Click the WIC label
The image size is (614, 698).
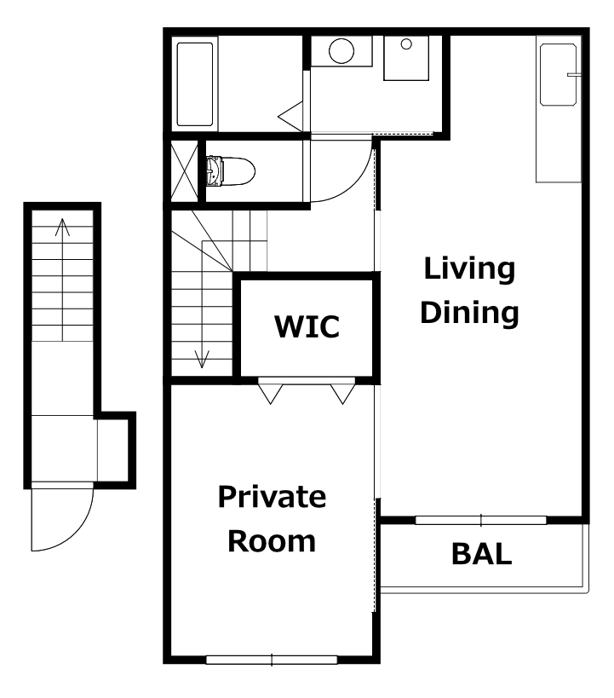point(307,326)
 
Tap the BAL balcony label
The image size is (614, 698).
point(481,554)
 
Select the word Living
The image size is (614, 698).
point(469,270)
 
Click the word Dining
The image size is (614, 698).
point(469,313)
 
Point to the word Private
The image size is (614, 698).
point(272,496)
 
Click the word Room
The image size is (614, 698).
point(272,541)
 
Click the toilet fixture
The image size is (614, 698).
point(231,171)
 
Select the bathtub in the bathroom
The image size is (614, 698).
point(195,84)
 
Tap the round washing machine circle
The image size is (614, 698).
point(341,51)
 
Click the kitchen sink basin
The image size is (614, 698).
point(559,75)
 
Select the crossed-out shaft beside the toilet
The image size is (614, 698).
point(185,171)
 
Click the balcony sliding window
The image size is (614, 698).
point(481,520)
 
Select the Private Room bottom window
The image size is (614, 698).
point(272,660)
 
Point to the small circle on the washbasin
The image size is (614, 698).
point(406,44)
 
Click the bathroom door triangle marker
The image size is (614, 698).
point(290,117)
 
